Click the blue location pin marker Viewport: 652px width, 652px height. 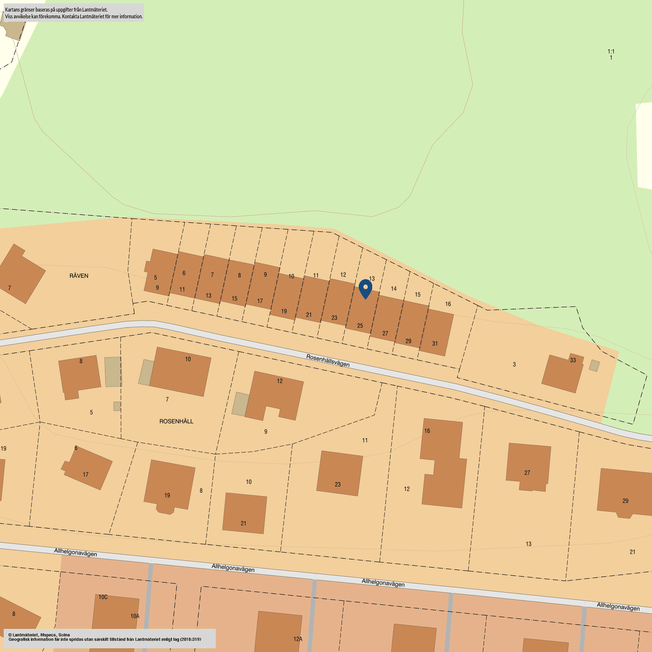(366, 288)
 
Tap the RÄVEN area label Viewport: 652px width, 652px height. (79, 276)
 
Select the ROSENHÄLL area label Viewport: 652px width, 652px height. (176, 421)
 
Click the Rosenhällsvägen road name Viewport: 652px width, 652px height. (328, 360)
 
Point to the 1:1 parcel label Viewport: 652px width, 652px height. (611, 51)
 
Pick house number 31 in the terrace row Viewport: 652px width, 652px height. (435, 343)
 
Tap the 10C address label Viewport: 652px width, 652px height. (103, 597)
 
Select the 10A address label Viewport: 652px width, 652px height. (135, 616)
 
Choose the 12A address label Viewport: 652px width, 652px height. (298, 639)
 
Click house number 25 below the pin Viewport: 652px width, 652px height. (360, 326)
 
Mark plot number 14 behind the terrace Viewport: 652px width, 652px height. (394, 288)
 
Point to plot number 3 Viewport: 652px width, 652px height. (514, 364)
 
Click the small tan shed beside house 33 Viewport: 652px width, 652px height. (594, 366)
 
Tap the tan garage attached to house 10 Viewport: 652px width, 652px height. (146, 372)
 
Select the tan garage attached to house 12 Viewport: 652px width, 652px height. (240, 404)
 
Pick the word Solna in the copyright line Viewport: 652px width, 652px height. (64, 635)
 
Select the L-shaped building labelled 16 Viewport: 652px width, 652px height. (443, 462)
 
